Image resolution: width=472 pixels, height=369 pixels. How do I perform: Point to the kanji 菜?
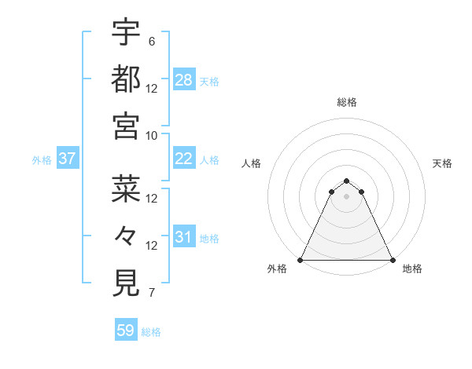point(126,188)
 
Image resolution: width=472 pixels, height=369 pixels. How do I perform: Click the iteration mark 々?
point(126,236)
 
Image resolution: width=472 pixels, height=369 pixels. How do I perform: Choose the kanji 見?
point(126,283)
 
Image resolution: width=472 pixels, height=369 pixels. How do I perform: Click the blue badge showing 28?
point(184,79)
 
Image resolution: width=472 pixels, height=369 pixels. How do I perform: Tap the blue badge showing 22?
point(184,159)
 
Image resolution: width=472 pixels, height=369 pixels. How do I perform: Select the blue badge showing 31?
point(184,236)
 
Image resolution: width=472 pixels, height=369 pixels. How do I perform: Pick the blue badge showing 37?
point(68,159)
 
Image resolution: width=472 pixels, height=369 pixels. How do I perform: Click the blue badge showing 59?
point(126,331)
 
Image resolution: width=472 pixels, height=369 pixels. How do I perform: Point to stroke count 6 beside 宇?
point(151,42)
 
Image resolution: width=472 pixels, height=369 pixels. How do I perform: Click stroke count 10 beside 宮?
point(151,135)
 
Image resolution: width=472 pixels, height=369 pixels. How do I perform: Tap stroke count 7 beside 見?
point(151,294)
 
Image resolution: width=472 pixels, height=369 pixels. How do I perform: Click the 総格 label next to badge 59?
point(151,332)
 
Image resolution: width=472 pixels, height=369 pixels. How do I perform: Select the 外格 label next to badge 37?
point(42,160)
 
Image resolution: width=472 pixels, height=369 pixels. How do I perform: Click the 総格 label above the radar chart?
point(347,102)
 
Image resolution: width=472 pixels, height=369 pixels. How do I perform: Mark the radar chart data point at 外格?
point(301,259)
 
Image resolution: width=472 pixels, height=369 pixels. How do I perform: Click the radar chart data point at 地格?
point(392,259)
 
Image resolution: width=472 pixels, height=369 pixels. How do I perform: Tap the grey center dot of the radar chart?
point(346,196)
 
